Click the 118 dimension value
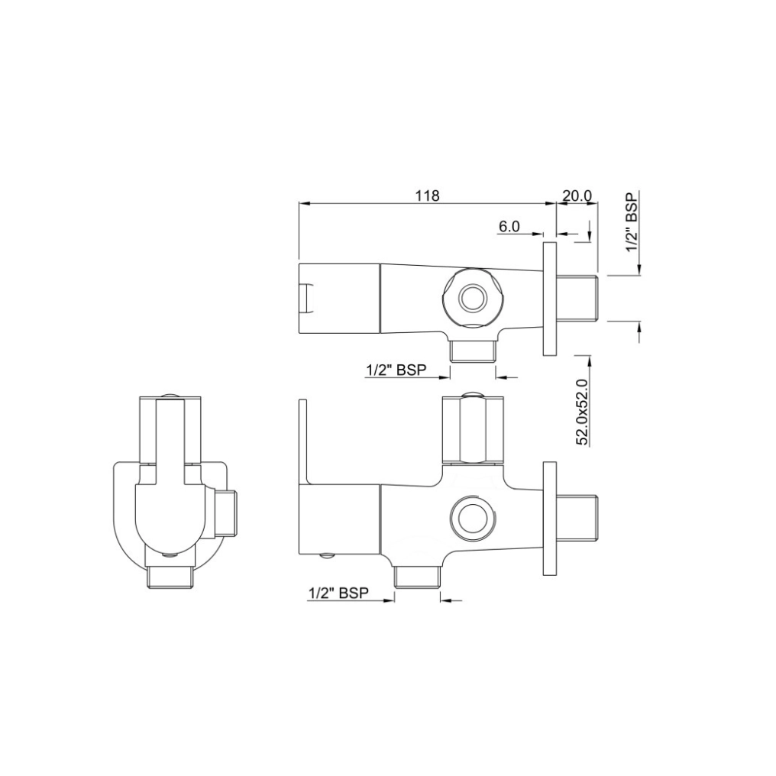[x=427, y=196]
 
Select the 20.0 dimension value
[x=577, y=196]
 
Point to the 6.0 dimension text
[x=509, y=227]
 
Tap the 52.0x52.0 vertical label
[x=582, y=412]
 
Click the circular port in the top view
[x=471, y=297]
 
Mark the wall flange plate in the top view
[x=550, y=299]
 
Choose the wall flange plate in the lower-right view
[x=550, y=519]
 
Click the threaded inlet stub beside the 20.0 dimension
[x=578, y=299]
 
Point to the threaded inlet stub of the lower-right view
[x=578, y=519]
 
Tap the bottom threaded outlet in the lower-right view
[x=417, y=577]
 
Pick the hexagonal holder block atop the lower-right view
[x=473, y=428]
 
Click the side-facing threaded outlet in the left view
[x=228, y=513]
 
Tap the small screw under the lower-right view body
[x=328, y=556]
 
